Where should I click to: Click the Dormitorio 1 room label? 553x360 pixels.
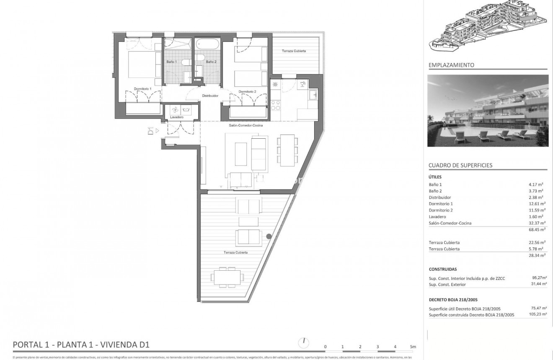pyautogui.click(x=142, y=89)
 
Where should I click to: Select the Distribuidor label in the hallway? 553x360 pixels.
pyautogui.click(x=210, y=96)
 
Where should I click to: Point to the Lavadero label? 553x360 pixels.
pyautogui.click(x=177, y=117)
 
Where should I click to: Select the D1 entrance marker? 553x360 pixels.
pyautogui.click(x=151, y=131)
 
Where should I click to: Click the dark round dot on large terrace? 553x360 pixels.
pyautogui.click(x=269, y=236)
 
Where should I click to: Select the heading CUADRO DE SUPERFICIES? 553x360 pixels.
pyautogui.click(x=460, y=165)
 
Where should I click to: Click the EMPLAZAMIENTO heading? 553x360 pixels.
pyautogui.click(x=451, y=65)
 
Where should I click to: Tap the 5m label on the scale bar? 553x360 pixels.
pyautogui.click(x=413, y=347)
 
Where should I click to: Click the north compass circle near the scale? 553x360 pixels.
pyautogui.click(x=303, y=343)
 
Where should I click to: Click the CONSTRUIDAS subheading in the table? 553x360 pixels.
pyautogui.click(x=443, y=269)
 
